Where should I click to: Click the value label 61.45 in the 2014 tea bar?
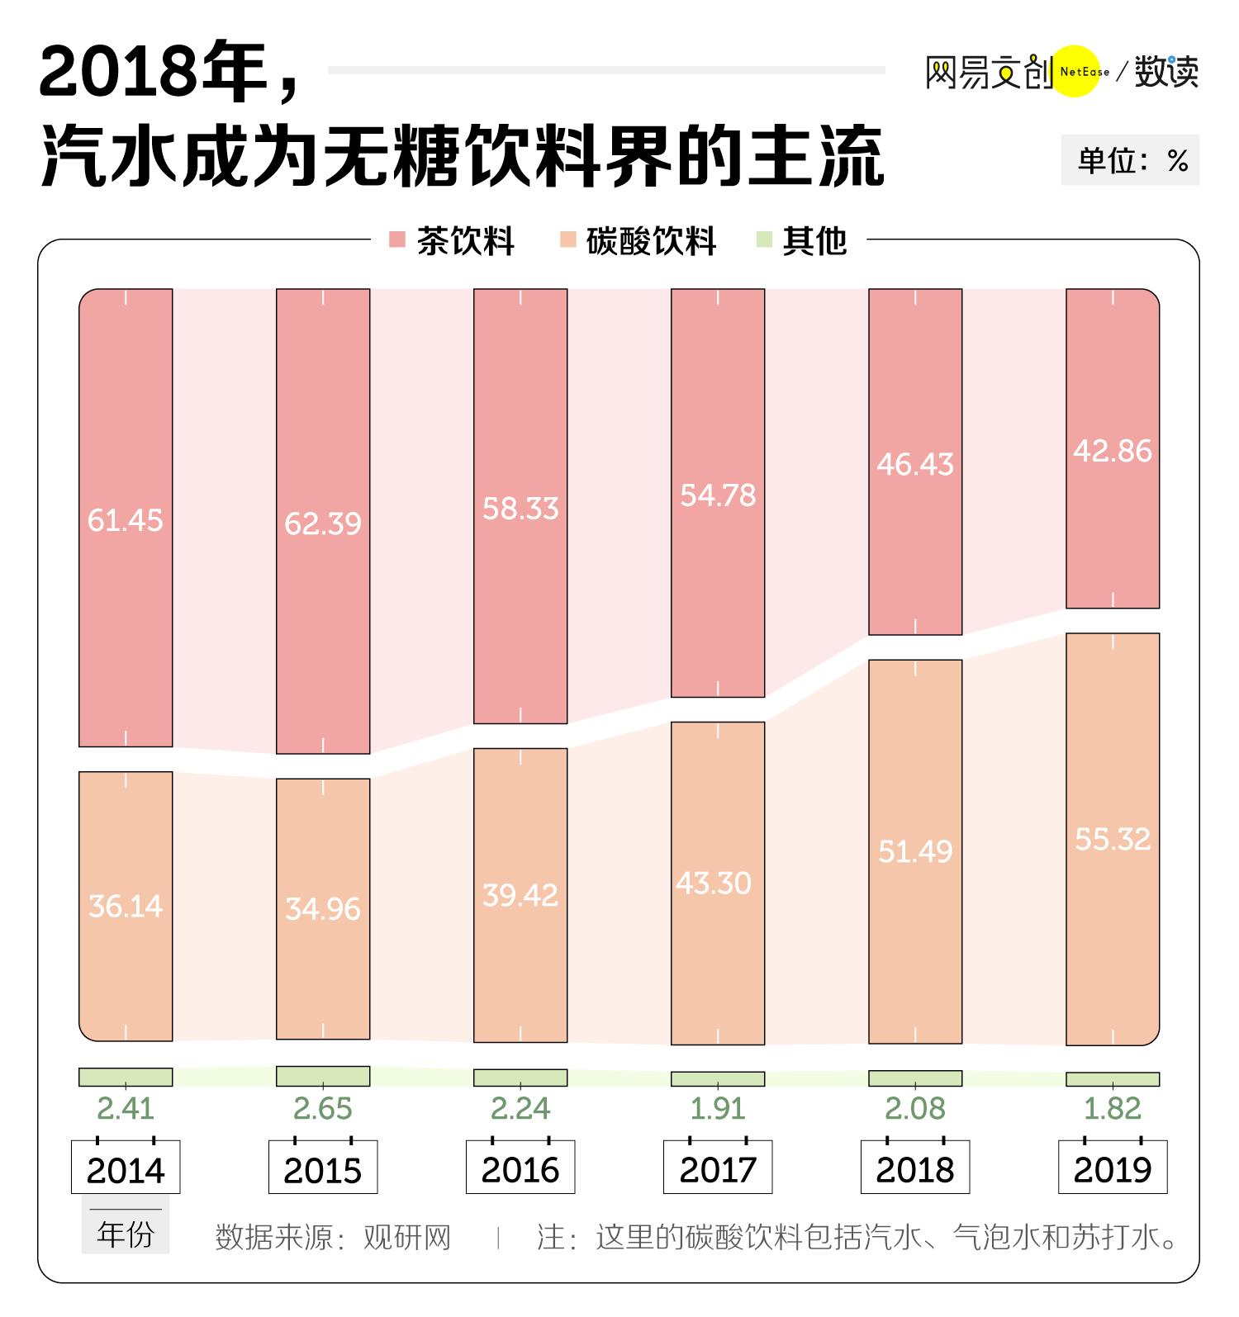pyautogui.click(x=125, y=520)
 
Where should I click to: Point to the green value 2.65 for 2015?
pyautogui.click(x=322, y=1108)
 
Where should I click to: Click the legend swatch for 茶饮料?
pyautogui.click(x=397, y=240)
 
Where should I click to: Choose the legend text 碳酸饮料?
pyautogui.click(x=651, y=241)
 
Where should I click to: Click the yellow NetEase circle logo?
pyautogui.click(x=1079, y=71)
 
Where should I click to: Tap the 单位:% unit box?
pyautogui.click(x=1130, y=160)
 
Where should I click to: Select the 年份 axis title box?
pyautogui.click(x=126, y=1234)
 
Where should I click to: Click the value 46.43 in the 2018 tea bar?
pyautogui.click(x=914, y=465)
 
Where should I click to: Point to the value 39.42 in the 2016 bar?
pyautogui.click(x=520, y=895)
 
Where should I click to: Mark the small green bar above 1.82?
pyautogui.click(x=1113, y=1078)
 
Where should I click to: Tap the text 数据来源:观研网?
pyautogui.click(x=333, y=1237)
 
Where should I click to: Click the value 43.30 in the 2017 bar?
pyautogui.click(x=714, y=884)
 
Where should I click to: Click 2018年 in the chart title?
pyautogui.click(x=152, y=73)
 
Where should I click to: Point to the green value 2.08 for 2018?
pyautogui.click(x=914, y=1108)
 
